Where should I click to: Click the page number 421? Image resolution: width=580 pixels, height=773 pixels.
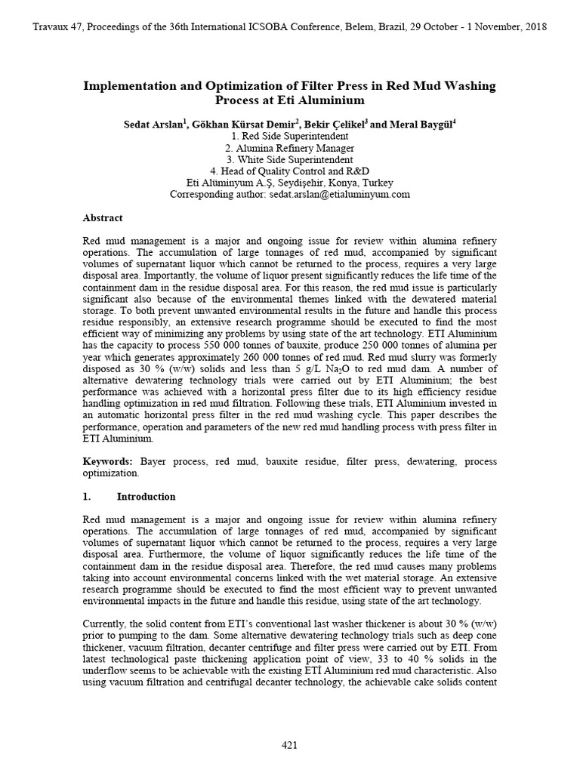point(289,746)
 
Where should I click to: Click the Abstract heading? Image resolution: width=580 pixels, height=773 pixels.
point(102,218)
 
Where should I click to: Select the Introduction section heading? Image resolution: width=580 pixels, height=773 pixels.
point(146,497)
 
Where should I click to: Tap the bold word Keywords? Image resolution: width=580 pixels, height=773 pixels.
point(107,460)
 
